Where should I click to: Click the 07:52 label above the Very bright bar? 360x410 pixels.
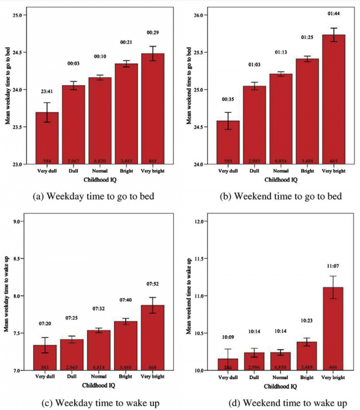[152, 285]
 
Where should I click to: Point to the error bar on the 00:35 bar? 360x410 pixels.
[228, 121]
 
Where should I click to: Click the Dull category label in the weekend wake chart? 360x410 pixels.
[254, 377]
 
